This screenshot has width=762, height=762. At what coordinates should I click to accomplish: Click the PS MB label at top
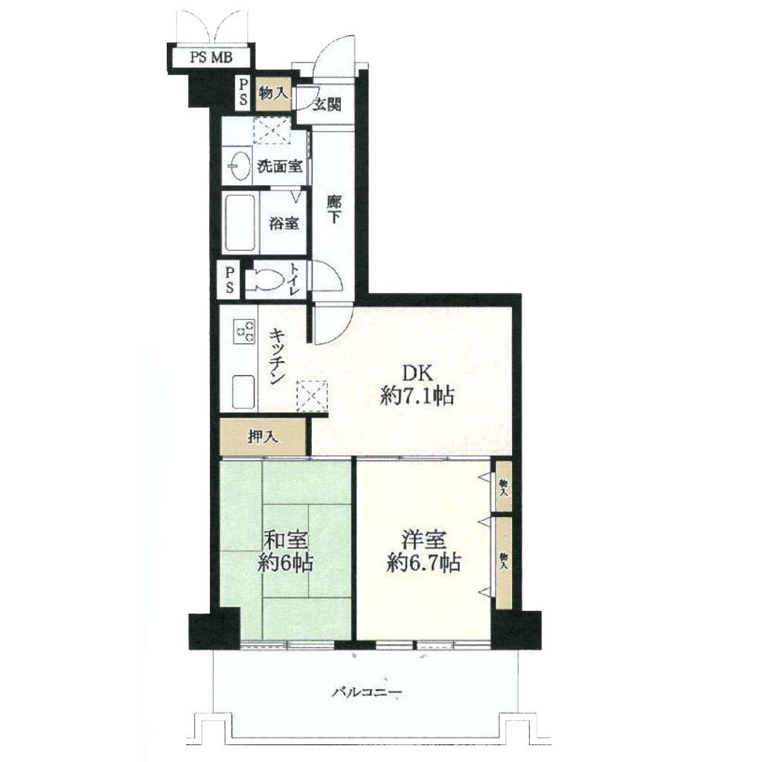[x=211, y=57]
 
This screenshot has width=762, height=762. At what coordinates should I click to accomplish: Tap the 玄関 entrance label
[x=326, y=104]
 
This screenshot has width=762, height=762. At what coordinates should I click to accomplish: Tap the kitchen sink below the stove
[x=244, y=391]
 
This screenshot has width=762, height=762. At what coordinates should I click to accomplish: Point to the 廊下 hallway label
[x=333, y=209]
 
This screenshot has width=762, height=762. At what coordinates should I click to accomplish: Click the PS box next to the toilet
[x=229, y=280]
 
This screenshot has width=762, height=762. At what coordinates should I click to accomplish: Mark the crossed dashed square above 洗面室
[x=271, y=130]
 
